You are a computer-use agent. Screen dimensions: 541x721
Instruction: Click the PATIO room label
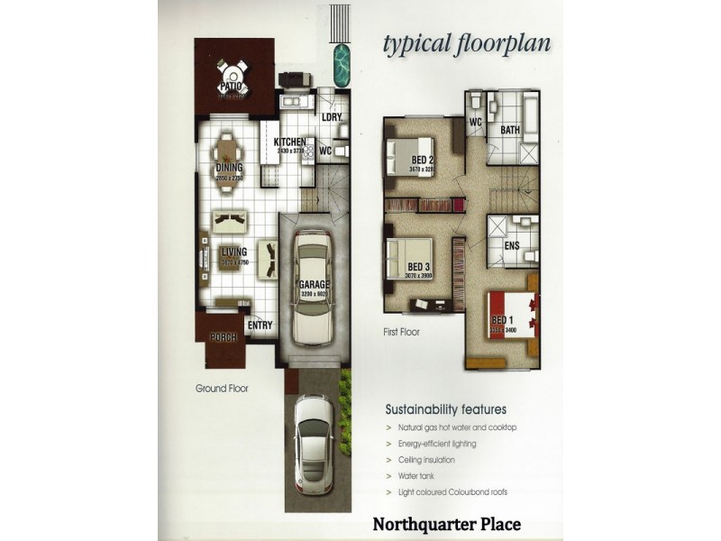point(233,87)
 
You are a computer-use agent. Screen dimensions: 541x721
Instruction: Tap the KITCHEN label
point(290,142)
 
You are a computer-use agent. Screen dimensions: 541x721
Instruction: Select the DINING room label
point(230,168)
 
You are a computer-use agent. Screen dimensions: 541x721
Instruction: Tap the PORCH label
point(224,337)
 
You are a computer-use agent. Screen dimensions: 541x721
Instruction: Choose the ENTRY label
point(260,326)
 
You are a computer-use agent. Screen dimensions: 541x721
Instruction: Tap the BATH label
point(510,131)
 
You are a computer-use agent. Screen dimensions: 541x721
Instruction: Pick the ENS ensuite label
point(511,245)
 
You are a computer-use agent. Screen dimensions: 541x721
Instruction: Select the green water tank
point(342,62)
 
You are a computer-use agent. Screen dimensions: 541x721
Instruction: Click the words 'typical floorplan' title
point(467,43)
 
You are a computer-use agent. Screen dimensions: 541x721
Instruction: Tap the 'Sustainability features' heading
point(445,408)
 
